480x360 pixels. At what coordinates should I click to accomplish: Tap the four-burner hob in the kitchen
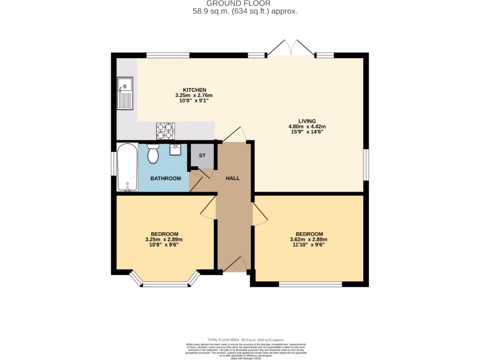coord(165,131)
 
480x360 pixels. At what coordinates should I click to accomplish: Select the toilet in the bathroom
coord(153,154)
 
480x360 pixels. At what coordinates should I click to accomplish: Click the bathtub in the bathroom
coord(127,167)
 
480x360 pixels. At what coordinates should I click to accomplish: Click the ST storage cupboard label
coord(202,156)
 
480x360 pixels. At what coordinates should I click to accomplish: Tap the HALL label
coord(233,178)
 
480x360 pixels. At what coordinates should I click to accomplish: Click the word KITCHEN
coord(195,90)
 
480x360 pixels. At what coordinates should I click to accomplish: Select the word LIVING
coord(307,121)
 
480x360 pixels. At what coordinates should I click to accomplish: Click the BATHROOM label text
coord(165,179)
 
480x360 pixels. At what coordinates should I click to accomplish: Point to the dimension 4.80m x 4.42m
coord(307,127)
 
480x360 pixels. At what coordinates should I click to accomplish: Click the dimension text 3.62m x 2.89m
coord(307,240)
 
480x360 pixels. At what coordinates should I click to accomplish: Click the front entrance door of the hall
coord(236,265)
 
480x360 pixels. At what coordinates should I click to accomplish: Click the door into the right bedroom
coord(259,214)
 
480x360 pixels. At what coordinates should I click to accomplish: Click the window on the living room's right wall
coord(366,165)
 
